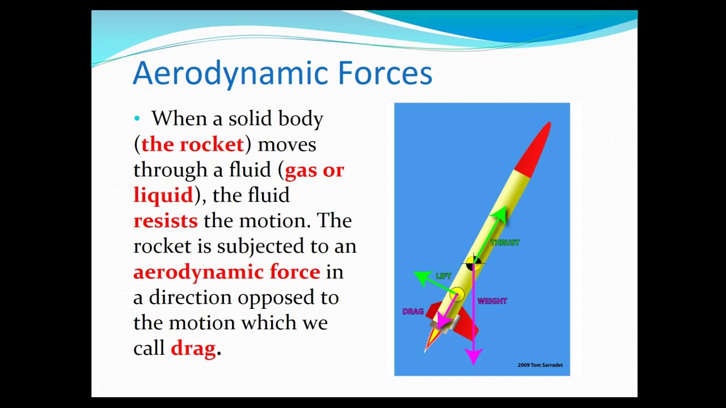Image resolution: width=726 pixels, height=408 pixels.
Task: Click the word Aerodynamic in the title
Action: click(230, 74)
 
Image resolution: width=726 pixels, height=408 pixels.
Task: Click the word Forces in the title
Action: click(385, 74)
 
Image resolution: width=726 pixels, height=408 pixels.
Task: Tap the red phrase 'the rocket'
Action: click(192, 144)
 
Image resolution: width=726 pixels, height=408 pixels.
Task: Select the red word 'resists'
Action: click(166, 220)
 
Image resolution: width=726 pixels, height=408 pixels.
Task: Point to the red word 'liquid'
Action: click(163, 195)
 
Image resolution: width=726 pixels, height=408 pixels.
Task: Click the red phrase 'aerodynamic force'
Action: click(226, 272)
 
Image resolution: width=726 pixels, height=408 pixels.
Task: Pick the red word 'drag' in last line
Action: click(193, 348)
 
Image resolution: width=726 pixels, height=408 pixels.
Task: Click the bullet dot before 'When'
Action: click(137, 118)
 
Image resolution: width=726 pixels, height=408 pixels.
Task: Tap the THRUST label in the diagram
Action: click(505, 243)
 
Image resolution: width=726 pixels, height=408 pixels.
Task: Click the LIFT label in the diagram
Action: click(444, 276)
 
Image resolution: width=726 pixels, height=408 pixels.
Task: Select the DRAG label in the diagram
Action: click(413, 312)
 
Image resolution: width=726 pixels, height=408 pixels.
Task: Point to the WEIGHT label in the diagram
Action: click(492, 301)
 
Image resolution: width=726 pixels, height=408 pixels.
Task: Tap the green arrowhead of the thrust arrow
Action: click(499, 214)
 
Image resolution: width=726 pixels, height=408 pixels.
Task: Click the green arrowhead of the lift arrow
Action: click(421, 277)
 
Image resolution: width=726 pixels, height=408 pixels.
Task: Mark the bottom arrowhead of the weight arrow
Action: click(473, 356)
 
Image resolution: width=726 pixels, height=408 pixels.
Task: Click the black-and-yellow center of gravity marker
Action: click(473, 263)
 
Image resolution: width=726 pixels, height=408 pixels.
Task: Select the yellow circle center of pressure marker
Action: click(457, 294)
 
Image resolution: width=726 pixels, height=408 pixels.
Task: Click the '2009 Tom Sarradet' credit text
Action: click(540, 365)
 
